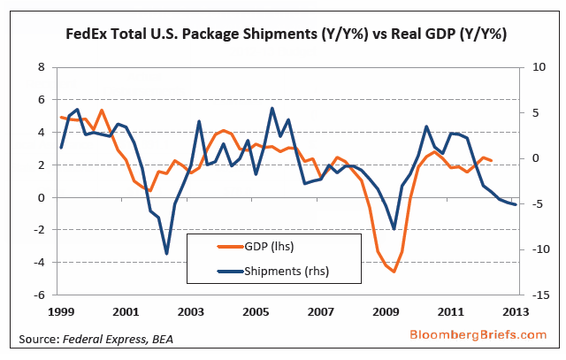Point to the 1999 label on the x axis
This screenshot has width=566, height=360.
(x=60, y=311)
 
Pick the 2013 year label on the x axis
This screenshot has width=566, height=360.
(x=516, y=311)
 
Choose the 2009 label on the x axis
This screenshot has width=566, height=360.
(x=386, y=311)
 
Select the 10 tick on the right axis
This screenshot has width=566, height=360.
(x=532, y=67)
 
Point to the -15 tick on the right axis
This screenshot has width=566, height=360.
(x=531, y=295)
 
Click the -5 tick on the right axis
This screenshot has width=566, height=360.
(x=532, y=203)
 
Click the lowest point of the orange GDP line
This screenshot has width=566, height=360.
(x=394, y=272)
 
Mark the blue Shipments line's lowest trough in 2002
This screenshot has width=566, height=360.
(x=166, y=254)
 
